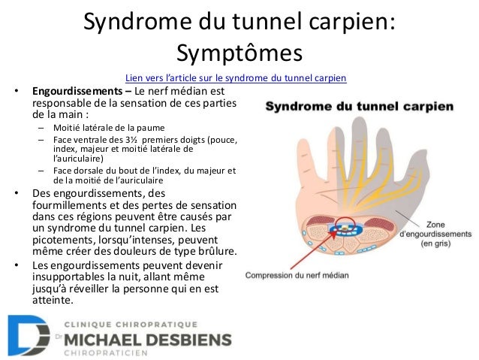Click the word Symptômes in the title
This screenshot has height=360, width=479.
tap(239, 52)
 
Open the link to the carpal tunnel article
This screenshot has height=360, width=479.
tap(236, 78)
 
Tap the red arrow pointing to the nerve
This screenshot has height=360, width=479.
tap(303, 249)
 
